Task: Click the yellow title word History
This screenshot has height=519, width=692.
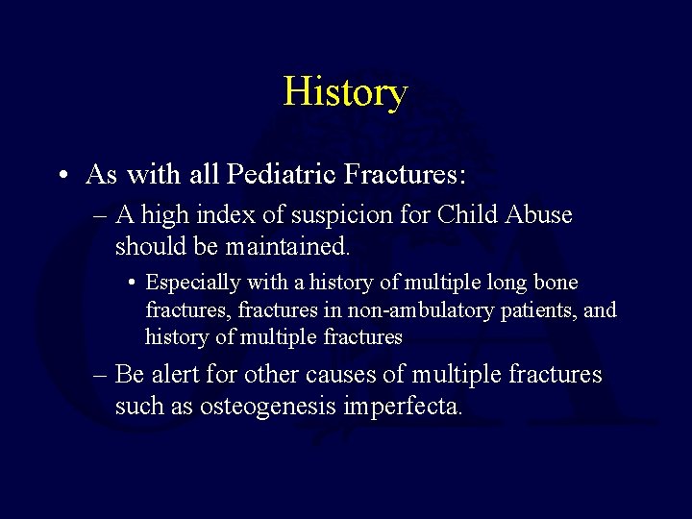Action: point(345,92)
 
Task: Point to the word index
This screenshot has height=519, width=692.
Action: point(216,214)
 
